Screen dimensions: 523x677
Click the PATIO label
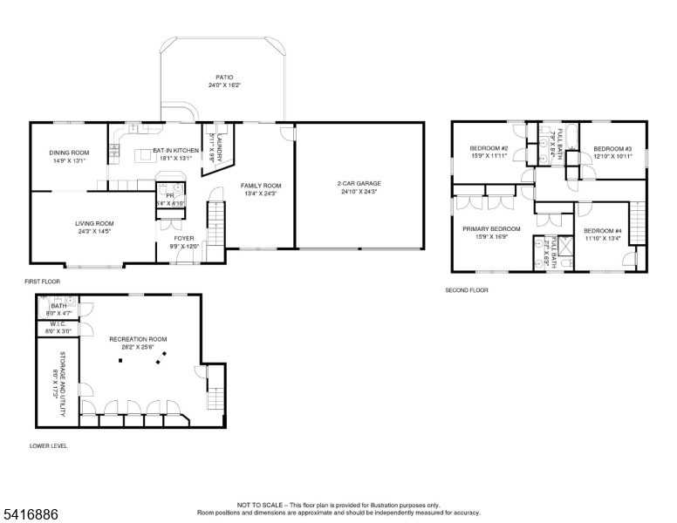[224, 77]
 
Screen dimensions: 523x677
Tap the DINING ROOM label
[69, 153]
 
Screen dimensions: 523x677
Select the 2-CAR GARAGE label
[359, 184]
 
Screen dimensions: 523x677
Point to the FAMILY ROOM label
[261, 185]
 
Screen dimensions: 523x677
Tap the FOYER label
[184, 238]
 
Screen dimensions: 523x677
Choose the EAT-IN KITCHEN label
[176, 150]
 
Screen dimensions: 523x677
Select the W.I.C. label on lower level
[58, 323]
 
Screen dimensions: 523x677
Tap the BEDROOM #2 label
[489, 148]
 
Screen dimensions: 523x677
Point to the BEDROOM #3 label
[612, 148]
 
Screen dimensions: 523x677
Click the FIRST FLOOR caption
[42, 282]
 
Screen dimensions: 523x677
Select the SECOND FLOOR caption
[467, 289]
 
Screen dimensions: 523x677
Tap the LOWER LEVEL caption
[48, 445]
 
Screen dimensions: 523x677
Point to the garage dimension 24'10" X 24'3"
[359, 192]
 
